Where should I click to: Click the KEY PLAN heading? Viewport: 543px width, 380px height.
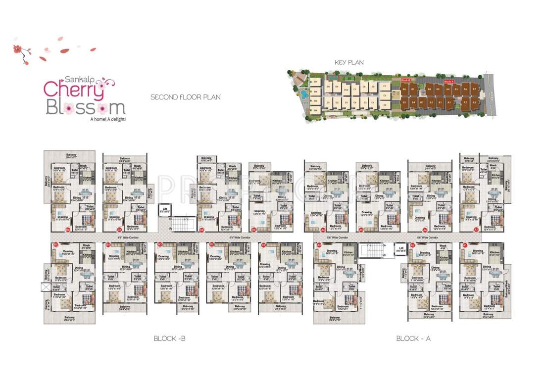(349, 62)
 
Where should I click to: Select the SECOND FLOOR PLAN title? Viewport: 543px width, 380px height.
(186, 97)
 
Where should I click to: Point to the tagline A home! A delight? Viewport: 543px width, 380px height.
(107, 119)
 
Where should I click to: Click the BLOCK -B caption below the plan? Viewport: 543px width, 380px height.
(169, 338)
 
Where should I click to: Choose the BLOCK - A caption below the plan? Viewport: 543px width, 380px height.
(414, 338)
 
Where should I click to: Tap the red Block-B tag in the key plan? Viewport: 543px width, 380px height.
(405, 79)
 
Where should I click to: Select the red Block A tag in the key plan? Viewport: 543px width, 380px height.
(449, 80)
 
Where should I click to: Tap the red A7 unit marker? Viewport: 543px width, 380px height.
(476, 230)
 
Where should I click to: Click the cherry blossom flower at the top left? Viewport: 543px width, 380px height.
(19, 50)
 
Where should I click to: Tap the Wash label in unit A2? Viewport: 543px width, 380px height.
(443, 246)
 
